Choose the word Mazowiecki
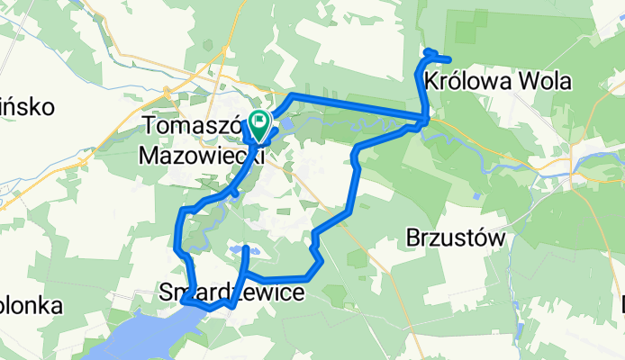pos(201,154)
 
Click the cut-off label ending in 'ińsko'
pos(27,107)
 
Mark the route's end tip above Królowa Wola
pos(448,59)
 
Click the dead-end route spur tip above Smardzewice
pos(246,247)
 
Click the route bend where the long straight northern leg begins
pos(291,95)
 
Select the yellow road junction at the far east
pos(574,163)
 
